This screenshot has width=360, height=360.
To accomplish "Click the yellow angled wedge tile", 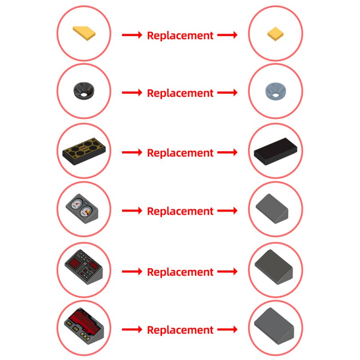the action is tap(84, 33).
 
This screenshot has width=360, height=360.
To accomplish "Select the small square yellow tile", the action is tap(275, 34).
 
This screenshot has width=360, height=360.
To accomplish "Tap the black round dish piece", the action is tap(84, 91).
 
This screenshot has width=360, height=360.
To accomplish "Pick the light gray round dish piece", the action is tap(275, 91).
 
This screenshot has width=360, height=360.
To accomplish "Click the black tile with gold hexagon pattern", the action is tap(84, 151).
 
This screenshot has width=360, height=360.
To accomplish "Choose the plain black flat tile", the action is tap(275, 151).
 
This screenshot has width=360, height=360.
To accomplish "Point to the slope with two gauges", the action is tap(82, 209).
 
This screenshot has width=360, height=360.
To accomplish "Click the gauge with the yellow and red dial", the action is tap(86, 211).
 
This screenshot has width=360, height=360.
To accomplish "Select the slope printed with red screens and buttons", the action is tap(84, 267).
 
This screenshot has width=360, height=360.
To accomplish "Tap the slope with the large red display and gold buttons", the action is tap(84, 326).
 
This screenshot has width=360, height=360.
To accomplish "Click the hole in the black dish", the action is tap(83, 94).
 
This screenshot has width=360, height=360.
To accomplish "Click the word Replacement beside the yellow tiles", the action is tap(180, 36).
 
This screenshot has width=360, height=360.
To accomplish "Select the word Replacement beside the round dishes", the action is tap(180, 93).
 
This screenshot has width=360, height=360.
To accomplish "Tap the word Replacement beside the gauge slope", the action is tap(180, 211).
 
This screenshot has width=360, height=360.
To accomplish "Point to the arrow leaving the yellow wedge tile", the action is tap(132, 35).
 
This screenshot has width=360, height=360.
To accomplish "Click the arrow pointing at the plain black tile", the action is tap(227, 152).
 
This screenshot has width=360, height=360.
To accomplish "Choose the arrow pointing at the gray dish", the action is tap(227, 93).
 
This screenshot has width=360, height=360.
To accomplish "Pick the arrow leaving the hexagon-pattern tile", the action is tap(132, 152).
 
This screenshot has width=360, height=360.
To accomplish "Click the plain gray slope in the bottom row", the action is tap(274, 326).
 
